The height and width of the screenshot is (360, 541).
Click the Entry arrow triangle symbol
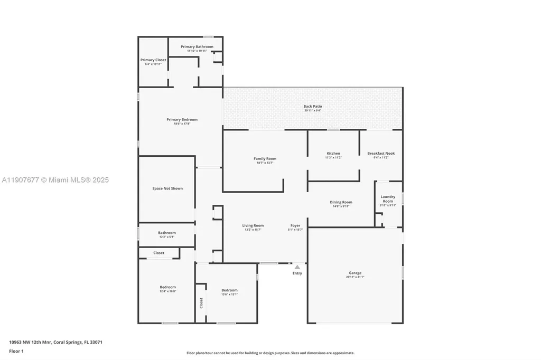tap(297, 267)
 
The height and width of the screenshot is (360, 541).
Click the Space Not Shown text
tap(167, 188)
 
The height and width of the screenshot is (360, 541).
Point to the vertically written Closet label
tap(201, 303)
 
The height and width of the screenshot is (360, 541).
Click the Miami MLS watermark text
tap(55, 180)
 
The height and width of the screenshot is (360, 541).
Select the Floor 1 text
tap(17, 350)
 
